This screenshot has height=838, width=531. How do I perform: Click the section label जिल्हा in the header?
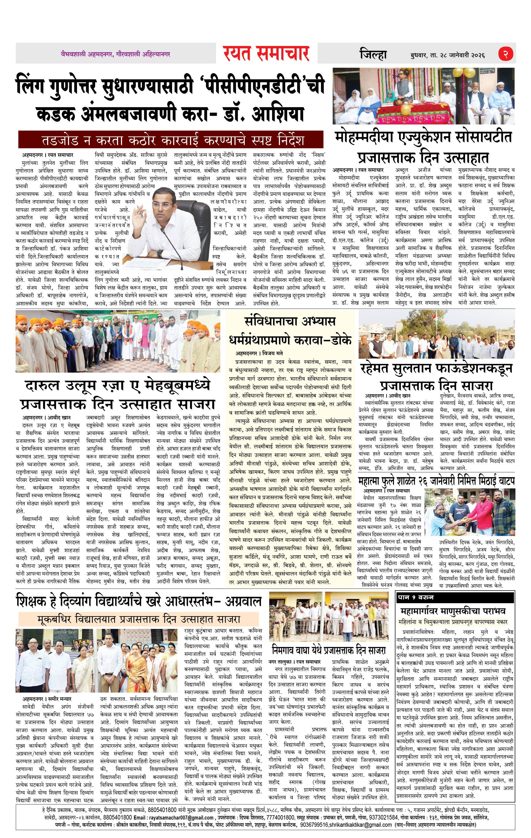pyautogui.click(x=373, y=55)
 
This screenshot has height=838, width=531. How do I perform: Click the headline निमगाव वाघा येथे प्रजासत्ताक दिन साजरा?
pyautogui.click(x=329, y=650)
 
